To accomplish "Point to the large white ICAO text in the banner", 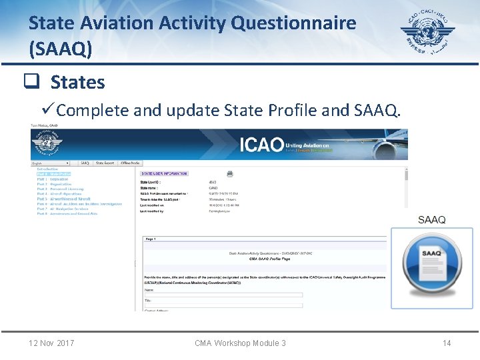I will tap(261, 144).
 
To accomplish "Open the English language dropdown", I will tap(51, 163).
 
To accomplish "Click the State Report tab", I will tap(105, 163).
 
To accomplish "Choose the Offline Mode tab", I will tap(130, 163).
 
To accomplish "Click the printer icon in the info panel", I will tap(230, 173).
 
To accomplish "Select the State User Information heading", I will tap(164, 174).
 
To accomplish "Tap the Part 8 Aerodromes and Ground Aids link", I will tap(67, 213).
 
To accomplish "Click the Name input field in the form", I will tap(223, 295).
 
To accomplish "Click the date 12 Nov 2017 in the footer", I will tap(51, 343).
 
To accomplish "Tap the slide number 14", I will tap(447, 343).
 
